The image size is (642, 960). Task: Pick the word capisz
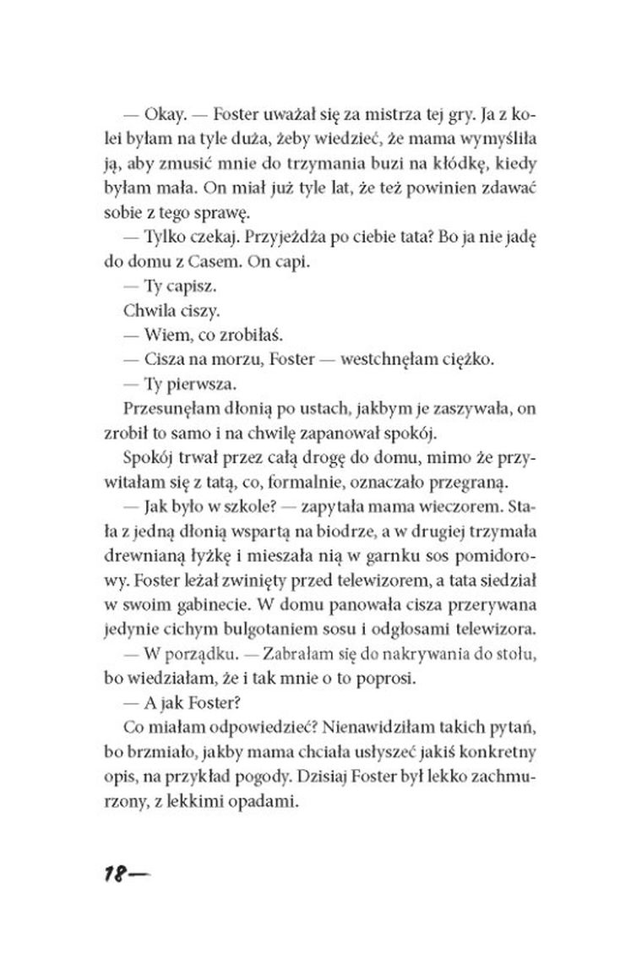coord(171,286)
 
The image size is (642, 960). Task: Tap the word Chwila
coord(128,310)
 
